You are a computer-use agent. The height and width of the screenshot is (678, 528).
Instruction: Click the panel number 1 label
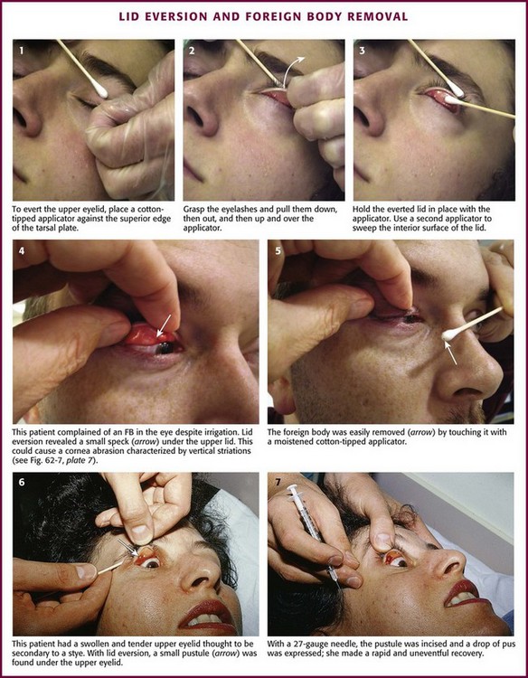pos(21,50)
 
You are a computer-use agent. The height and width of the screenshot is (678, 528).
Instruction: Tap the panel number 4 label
pos(22,250)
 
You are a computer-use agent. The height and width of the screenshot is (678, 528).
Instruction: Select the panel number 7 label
pos(277,482)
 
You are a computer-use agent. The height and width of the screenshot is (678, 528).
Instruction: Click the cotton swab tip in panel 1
pos(100,90)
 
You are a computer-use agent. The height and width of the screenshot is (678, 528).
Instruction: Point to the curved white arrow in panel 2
pos(294,70)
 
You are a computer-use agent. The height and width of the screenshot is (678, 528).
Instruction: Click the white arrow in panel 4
pos(164,325)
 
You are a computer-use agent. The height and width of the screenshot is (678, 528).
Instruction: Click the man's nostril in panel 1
pos(21,117)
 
